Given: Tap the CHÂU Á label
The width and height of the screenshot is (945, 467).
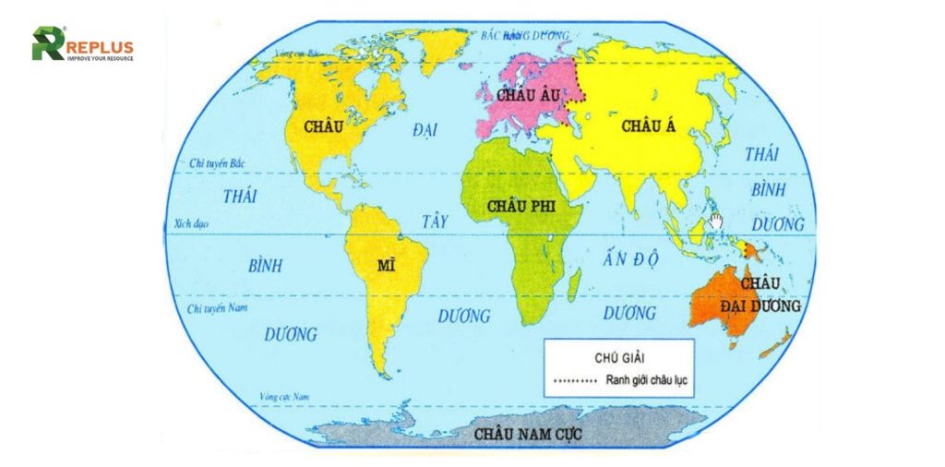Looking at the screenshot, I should pyautogui.click(x=650, y=126).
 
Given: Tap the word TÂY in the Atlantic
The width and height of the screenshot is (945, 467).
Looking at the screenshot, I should pyautogui.click(x=434, y=222).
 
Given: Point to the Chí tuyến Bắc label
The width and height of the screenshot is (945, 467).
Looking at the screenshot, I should pyautogui.click(x=213, y=163).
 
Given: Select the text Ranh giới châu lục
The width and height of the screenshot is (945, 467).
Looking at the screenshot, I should pyautogui.click(x=650, y=380).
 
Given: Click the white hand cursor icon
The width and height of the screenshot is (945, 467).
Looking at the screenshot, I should pyautogui.click(x=715, y=222).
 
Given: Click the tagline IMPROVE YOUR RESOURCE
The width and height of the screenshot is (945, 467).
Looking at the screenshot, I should pyautogui.click(x=101, y=58).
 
